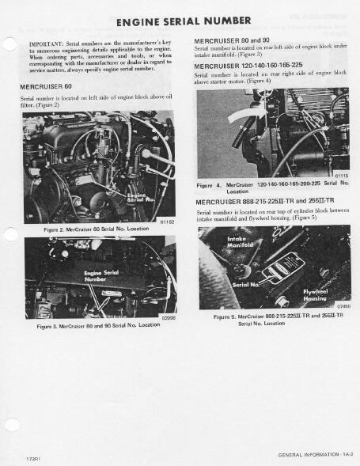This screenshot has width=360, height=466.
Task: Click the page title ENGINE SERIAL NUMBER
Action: click(183, 21)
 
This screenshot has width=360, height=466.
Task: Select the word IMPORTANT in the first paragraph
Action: click(46, 44)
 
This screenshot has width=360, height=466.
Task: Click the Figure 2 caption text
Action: click(96, 229)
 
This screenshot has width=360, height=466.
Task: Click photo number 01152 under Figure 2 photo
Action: click(166, 222)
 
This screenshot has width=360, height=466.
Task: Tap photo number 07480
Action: click(343, 306)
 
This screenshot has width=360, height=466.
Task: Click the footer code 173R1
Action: click(32, 458)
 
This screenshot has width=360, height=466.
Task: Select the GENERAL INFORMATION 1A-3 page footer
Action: click(313, 455)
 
